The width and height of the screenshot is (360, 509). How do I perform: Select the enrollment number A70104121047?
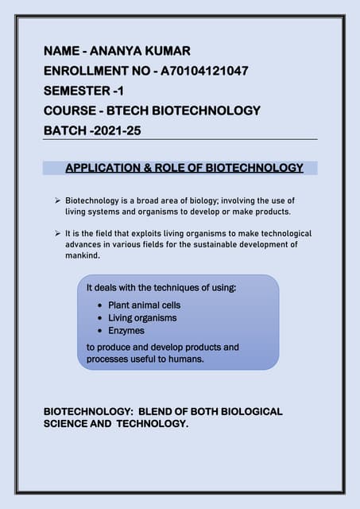click(205, 71)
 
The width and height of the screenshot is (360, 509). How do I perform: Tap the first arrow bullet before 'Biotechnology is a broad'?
click(58, 201)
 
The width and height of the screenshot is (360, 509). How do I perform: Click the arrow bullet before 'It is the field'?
click(58, 234)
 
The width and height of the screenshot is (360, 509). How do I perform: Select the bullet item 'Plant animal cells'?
click(144, 305)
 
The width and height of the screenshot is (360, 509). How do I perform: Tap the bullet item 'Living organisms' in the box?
click(142, 317)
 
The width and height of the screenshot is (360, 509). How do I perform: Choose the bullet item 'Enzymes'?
click(126, 330)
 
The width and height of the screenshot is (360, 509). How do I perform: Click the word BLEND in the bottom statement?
click(159, 412)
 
